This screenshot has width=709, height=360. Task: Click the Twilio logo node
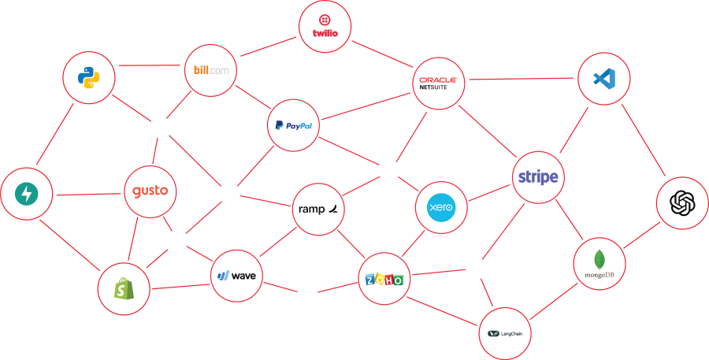325,26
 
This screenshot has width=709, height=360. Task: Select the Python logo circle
88,77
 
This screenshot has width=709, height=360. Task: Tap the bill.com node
211,70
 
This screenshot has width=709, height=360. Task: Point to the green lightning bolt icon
27,193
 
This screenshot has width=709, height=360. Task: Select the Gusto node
150,191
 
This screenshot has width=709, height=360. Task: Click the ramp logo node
319,209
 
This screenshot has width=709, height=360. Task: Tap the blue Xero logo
440,208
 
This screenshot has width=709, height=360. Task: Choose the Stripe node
538,177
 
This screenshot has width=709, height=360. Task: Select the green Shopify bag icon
123,290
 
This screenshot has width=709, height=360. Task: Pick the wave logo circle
236,276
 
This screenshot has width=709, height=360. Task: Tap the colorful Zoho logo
384,280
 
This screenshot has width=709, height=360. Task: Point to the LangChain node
505,333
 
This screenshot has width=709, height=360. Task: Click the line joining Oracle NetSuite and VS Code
521,79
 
